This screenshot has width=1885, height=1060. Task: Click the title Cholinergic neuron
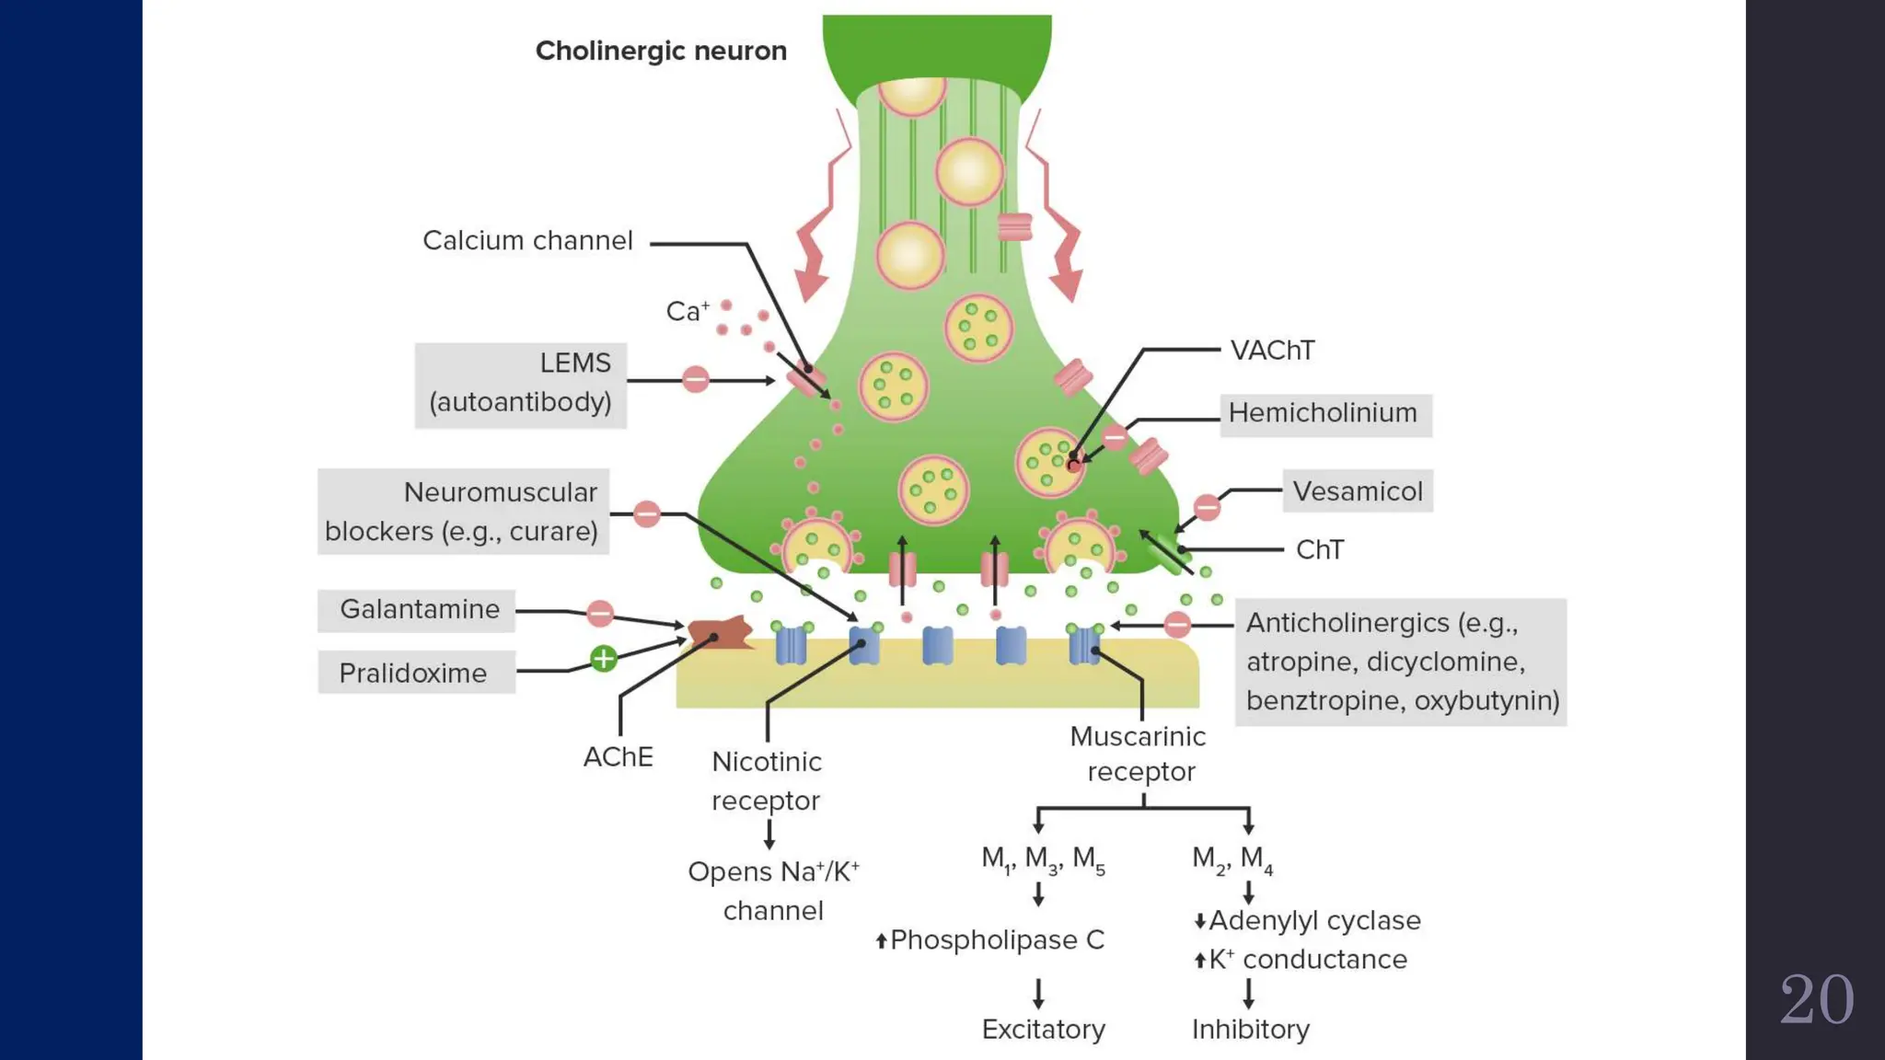661,51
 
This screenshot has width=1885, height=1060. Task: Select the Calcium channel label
527,241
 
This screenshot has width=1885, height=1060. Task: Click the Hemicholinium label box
1324,414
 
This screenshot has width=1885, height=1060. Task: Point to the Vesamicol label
1357,491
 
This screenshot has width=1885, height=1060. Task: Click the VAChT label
1272,351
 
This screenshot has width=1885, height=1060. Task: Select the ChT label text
1319,550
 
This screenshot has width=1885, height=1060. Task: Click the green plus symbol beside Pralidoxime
604,658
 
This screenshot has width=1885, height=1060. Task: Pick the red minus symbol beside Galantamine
600,613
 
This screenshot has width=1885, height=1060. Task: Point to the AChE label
618,757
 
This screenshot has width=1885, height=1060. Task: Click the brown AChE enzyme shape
720,633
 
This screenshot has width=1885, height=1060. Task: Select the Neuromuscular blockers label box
463,512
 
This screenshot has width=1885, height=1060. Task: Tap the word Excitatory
1043,1029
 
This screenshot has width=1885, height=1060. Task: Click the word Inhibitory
1250,1029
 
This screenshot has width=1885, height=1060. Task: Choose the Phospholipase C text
996,940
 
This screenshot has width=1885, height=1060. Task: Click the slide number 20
1816,999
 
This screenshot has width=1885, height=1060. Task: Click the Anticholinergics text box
1400,662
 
